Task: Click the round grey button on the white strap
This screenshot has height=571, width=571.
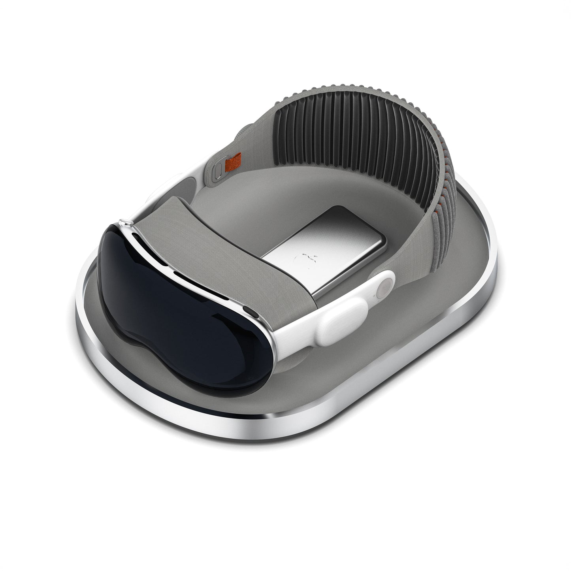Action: click(382, 291)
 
